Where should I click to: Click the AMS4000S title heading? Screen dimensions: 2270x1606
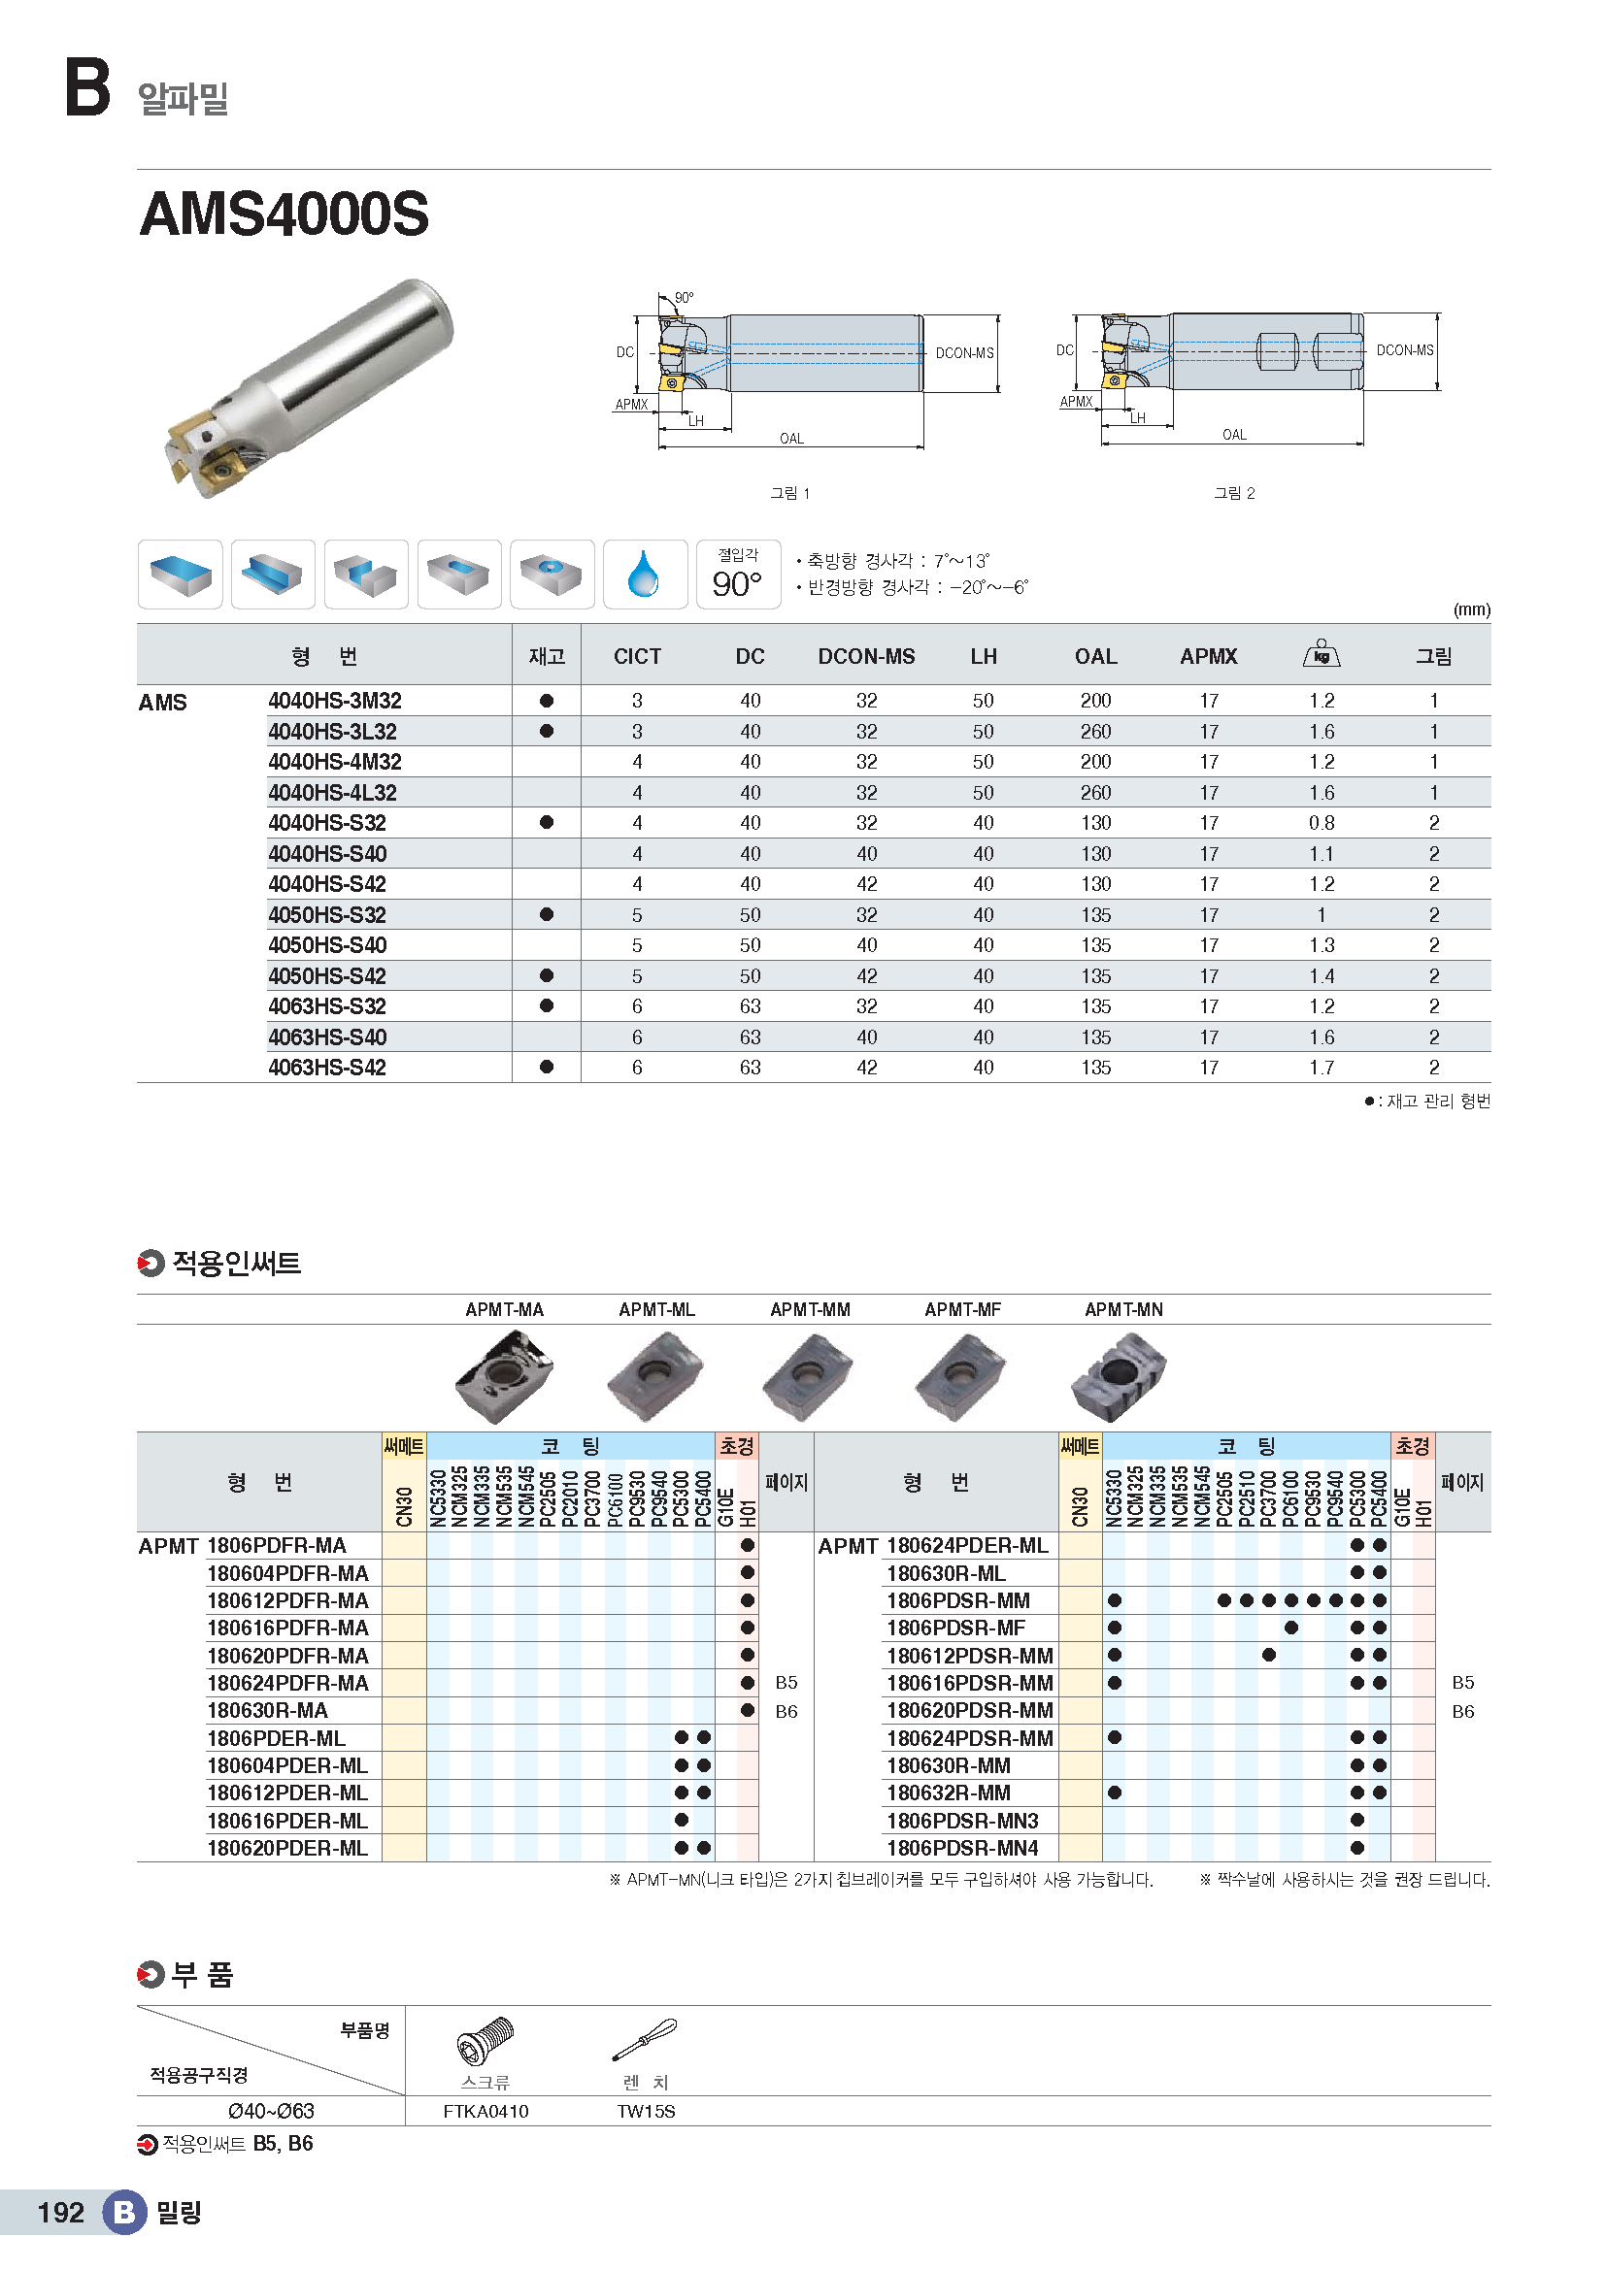click(x=284, y=214)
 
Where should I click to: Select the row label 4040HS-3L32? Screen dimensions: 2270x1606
click(x=332, y=732)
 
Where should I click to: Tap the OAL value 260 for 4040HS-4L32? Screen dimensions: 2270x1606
click(x=1095, y=793)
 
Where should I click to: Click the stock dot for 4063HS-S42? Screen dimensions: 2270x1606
click(x=547, y=1068)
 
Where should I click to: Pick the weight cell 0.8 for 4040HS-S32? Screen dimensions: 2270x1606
click(x=1322, y=824)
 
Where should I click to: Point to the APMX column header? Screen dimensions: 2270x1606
click(x=1209, y=656)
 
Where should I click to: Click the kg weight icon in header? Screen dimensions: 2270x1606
click(x=1322, y=654)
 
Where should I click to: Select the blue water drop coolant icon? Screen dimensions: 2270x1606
click(x=644, y=575)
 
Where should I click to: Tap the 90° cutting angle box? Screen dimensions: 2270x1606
click(x=738, y=575)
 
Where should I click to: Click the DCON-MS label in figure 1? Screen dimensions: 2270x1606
click(x=964, y=353)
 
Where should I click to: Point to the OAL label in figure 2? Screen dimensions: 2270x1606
click(x=1234, y=435)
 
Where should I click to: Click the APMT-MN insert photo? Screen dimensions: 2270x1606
click(x=1120, y=1375)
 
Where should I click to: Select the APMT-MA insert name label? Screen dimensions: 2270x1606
click(x=504, y=1310)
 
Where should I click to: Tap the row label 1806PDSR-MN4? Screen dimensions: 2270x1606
click(x=962, y=1849)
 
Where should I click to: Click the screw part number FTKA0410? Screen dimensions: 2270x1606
click(x=485, y=2112)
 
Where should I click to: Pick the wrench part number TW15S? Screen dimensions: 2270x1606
click(x=646, y=2112)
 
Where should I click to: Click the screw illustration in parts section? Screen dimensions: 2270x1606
click(x=485, y=2040)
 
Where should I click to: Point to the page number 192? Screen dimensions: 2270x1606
click(x=60, y=2213)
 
